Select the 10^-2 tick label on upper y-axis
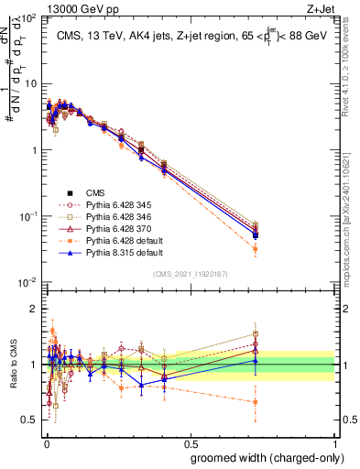[x=27, y=282]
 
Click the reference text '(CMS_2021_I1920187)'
[x=191, y=273]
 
